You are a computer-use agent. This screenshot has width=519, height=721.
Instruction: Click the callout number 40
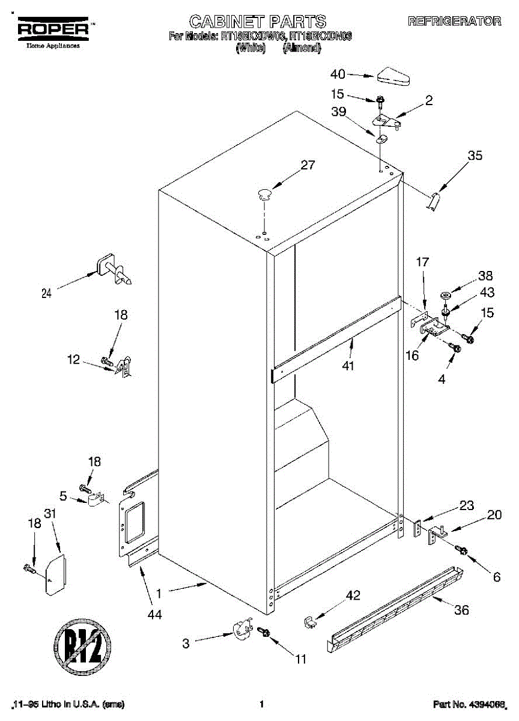tap(338, 75)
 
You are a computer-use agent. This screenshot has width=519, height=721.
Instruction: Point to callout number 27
tap(308, 166)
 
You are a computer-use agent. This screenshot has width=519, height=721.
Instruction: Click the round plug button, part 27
tap(264, 193)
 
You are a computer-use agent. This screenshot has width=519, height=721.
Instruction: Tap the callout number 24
tap(47, 293)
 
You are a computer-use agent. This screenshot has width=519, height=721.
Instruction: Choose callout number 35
tap(475, 156)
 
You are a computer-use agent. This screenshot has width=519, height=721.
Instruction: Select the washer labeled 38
tap(446, 295)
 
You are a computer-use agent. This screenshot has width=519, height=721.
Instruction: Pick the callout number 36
tap(461, 610)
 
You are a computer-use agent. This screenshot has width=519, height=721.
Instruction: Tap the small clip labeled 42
tap(311, 621)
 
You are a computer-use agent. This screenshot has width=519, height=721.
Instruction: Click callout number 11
tap(300, 659)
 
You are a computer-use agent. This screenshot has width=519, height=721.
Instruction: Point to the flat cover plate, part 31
tap(55, 573)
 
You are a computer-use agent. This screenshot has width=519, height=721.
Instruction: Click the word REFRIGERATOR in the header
tap(454, 22)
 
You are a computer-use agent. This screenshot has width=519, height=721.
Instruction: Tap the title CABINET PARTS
tap(258, 22)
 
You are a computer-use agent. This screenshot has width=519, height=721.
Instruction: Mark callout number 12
tap(73, 360)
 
